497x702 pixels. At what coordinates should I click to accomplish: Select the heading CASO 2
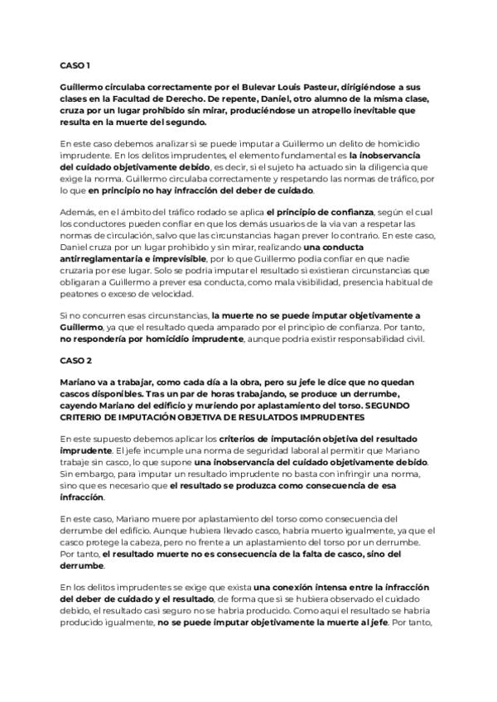click(75, 362)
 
